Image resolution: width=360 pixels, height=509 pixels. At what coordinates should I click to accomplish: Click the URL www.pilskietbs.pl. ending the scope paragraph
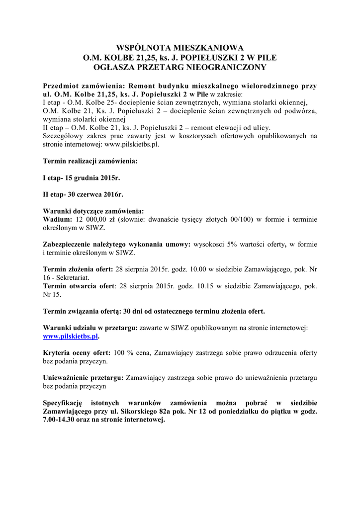pyautogui.click(x=131, y=145)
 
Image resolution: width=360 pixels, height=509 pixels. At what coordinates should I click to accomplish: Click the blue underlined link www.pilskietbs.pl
pyautogui.click(x=71, y=337)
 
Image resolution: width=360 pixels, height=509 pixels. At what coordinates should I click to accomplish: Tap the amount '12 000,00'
pyautogui.click(x=90, y=219)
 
